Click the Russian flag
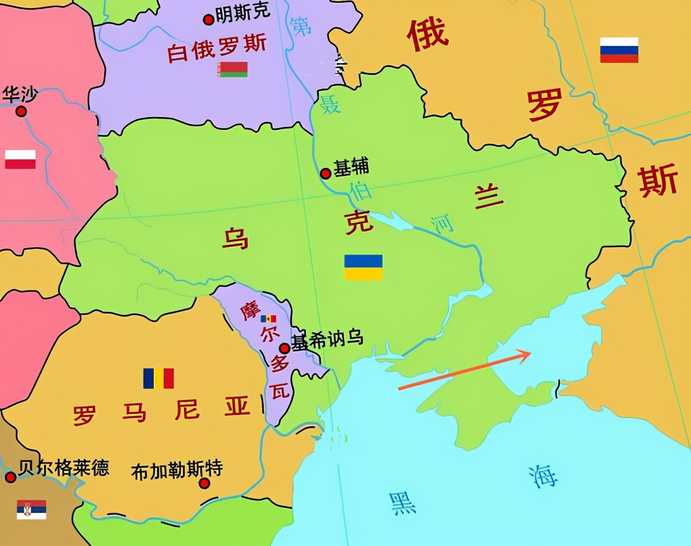click(619, 50)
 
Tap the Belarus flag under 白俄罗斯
click(233, 69)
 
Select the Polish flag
click(20, 160)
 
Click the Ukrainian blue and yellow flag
click(363, 268)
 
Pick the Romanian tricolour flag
click(158, 379)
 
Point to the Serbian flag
click(31, 510)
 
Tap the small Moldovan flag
click(268, 319)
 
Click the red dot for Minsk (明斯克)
click(208, 20)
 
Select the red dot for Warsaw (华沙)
click(21, 111)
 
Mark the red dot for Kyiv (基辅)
click(326, 174)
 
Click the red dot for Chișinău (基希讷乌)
click(284, 348)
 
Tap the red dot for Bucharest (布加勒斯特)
click(204, 483)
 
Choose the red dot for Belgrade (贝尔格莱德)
click(10, 477)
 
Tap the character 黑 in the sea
click(402, 503)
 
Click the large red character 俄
click(428, 35)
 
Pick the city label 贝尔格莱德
click(64, 467)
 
